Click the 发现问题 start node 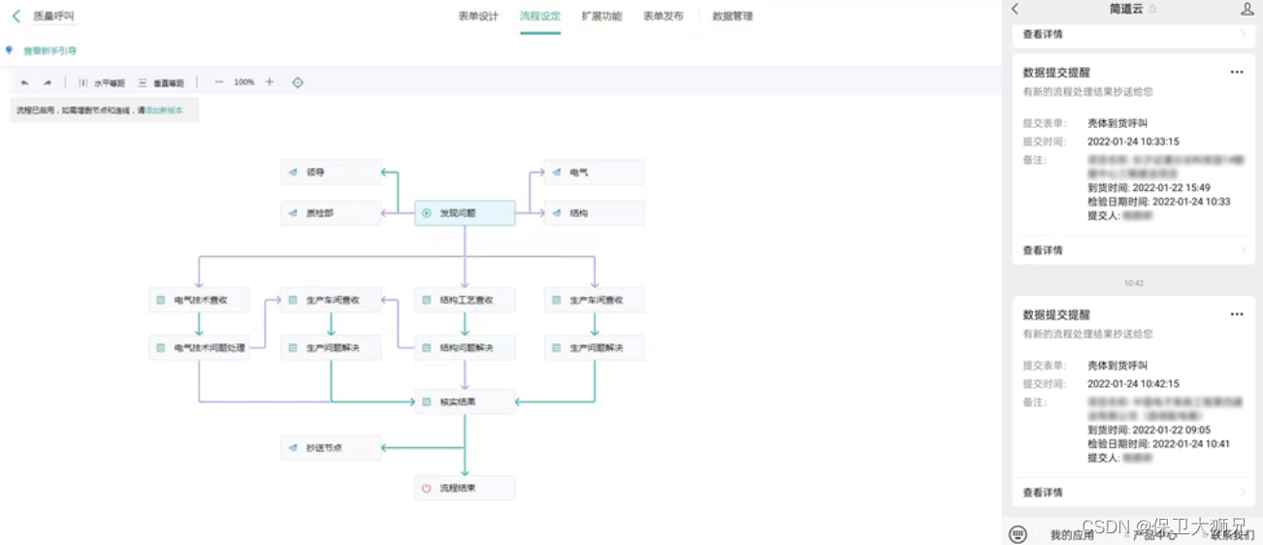pyautogui.click(x=465, y=213)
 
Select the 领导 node pyautogui.click(x=331, y=173)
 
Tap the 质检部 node pyautogui.click(x=331, y=213)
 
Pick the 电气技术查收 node pyautogui.click(x=199, y=301)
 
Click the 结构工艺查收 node pyautogui.click(x=465, y=301)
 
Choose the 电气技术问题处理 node pyautogui.click(x=199, y=347)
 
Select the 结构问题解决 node pyautogui.click(x=465, y=347)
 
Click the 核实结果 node pyautogui.click(x=465, y=401)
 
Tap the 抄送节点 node pyautogui.click(x=331, y=448)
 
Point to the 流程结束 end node pyautogui.click(x=465, y=488)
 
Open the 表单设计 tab pyautogui.click(x=478, y=16)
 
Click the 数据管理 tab pyautogui.click(x=732, y=16)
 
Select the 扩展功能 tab pyautogui.click(x=601, y=16)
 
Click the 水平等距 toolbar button pyautogui.click(x=102, y=83)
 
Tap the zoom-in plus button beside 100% pyautogui.click(x=270, y=82)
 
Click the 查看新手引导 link pyautogui.click(x=49, y=50)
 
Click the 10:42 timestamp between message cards pyautogui.click(x=1133, y=283)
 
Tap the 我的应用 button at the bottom pyautogui.click(x=1072, y=534)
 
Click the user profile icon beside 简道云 pyautogui.click(x=1247, y=9)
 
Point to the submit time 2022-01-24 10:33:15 pyautogui.click(x=1133, y=142)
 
